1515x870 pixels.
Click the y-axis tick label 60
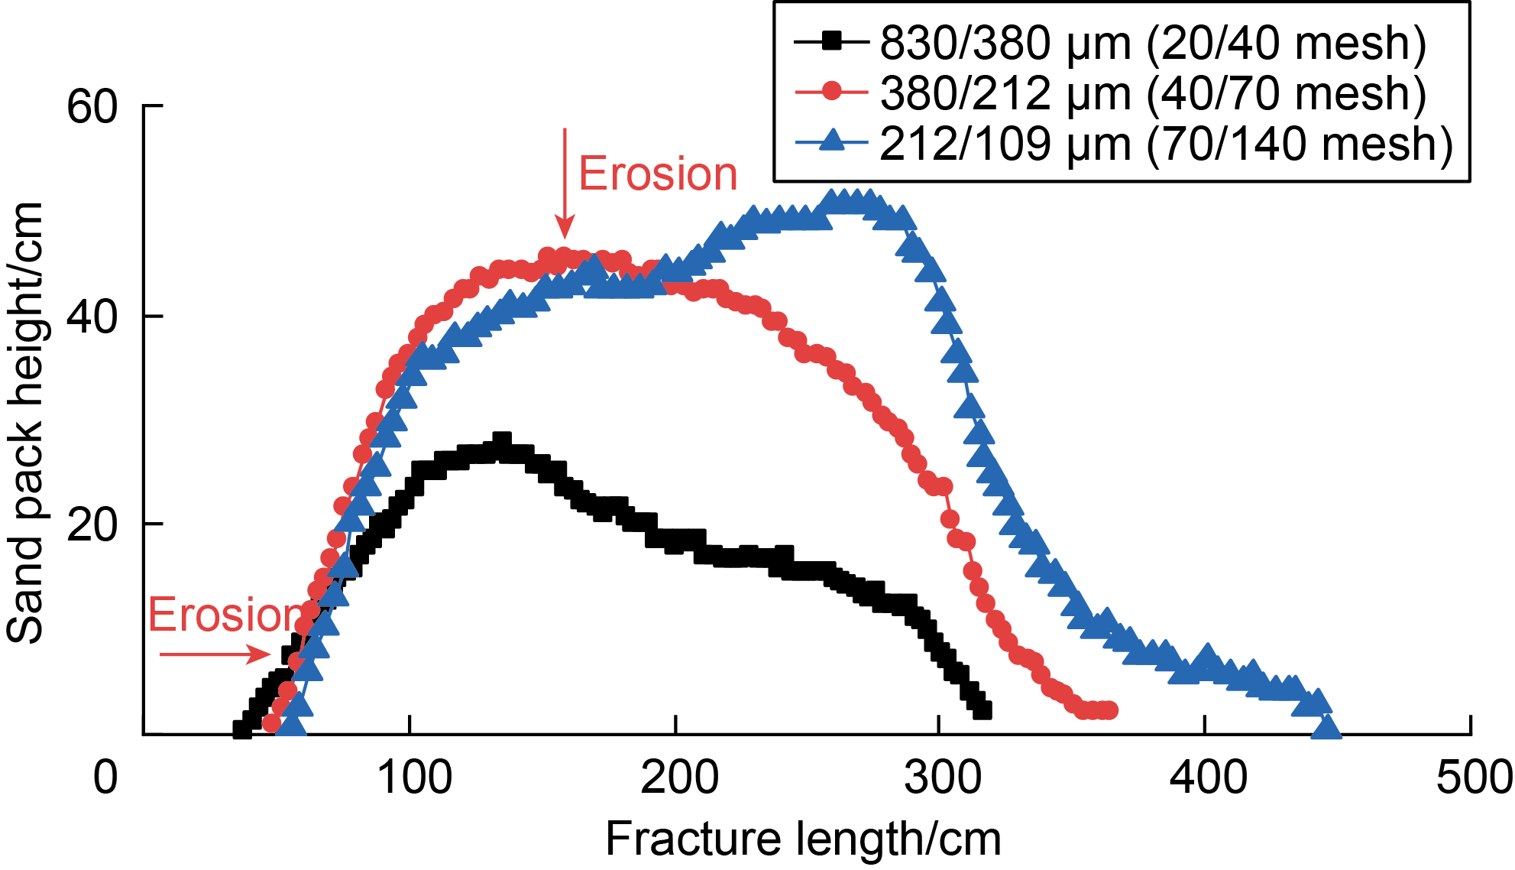pos(92,106)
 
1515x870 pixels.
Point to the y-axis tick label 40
pos(92,317)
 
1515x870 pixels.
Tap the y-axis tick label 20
pos(92,524)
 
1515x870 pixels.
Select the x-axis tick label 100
pos(415,777)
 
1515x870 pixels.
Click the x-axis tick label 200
pos(679,777)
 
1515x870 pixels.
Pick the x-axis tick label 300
pos(943,777)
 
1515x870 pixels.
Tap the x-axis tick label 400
pos(1208,777)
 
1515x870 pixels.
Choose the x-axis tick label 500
pos(1474,777)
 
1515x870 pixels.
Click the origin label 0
pos(105,777)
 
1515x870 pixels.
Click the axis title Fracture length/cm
pos(803,839)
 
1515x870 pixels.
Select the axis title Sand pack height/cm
pos(24,423)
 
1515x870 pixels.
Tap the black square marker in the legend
pos(832,41)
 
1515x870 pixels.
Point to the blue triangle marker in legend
pos(832,141)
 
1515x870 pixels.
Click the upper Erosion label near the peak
pos(658,174)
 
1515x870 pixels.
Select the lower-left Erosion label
pos(226,615)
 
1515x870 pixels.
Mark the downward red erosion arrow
pos(565,183)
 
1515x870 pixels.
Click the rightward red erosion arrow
pos(215,654)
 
